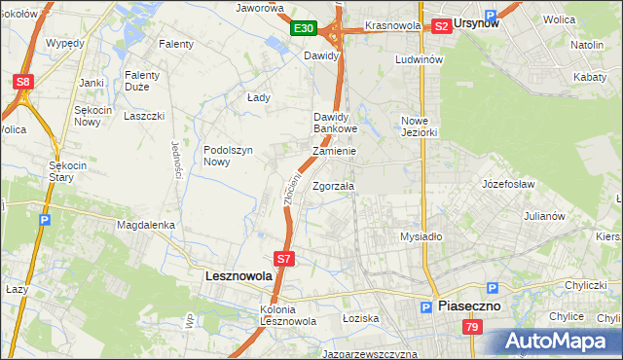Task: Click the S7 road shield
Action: coord(283,259)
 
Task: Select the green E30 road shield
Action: coord(303,28)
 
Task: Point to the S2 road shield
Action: coord(442,26)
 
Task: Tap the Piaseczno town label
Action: coord(468,305)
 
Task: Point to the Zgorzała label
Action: coord(333,186)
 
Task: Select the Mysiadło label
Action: coord(421,236)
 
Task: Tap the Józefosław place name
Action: coord(508,183)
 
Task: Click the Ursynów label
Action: coord(476,24)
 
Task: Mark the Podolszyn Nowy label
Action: coord(229,156)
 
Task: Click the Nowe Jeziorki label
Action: coord(421,126)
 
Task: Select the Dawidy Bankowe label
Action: coord(336,123)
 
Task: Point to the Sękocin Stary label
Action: coord(69,171)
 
